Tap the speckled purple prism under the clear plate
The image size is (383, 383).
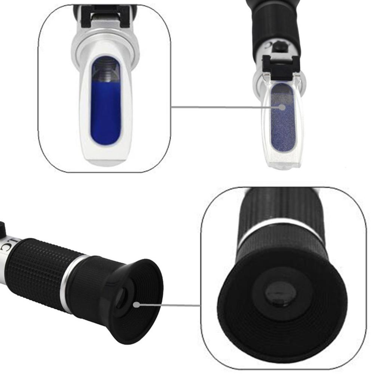point(283,123)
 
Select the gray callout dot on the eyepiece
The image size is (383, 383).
point(136,305)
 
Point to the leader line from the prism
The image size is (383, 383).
point(224,107)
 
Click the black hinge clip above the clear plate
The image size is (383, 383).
point(281,67)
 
